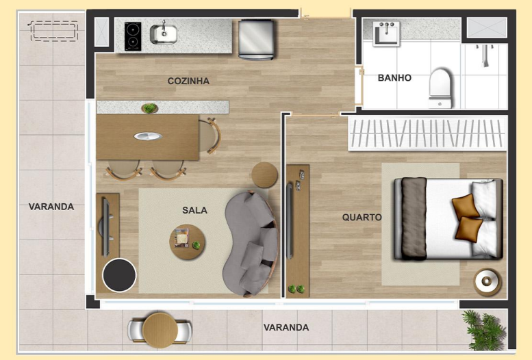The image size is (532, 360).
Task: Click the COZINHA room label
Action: click(x=188, y=81)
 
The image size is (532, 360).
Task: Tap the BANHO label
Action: click(x=394, y=78)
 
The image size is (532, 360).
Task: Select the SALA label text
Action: click(x=194, y=210)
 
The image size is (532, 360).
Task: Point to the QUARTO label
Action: click(x=362, y=217)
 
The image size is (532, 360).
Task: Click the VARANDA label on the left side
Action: click(x=51, y=206)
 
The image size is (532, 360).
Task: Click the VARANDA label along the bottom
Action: click(x=286, y=328)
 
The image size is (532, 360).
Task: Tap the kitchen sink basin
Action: click(x=164, y=32)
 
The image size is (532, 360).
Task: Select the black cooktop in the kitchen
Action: click(x=133, y=36)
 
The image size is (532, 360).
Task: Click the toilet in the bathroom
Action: click(x=440, y=87)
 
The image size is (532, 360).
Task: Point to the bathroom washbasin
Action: click(x=386, y=31)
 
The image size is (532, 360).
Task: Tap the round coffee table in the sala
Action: click(x=188, y=242)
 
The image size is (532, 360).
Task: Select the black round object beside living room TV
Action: click(x=119, y=275)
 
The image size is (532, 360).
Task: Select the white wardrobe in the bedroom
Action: click(x=427, y=133)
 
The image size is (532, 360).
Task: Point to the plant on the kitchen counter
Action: click(x=149, y=107)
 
